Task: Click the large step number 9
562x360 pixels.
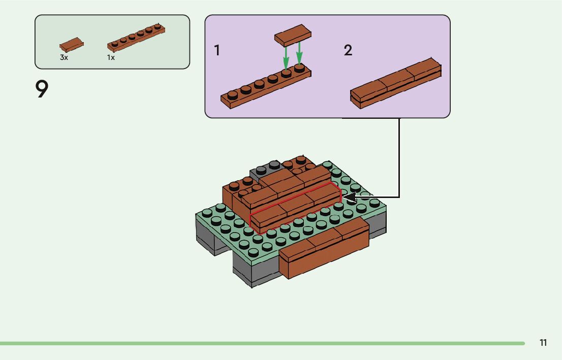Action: tap(42, 89)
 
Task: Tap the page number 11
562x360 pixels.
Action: tap(543, 343)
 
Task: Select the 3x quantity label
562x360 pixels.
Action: tap(64, 58)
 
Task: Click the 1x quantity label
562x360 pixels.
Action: tap(111, 58)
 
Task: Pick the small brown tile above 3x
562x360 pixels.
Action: tap(72, 44)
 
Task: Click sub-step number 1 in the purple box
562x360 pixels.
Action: tap(217, 51)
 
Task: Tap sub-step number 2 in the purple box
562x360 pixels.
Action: tap(348, 51)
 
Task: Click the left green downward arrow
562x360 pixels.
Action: tap(286, 57)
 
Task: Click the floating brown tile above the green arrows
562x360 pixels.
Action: tap(293, 34)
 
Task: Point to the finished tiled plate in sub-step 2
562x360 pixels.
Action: tap(395, 83)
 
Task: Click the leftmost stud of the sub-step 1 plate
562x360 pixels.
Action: tap(232, 94)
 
